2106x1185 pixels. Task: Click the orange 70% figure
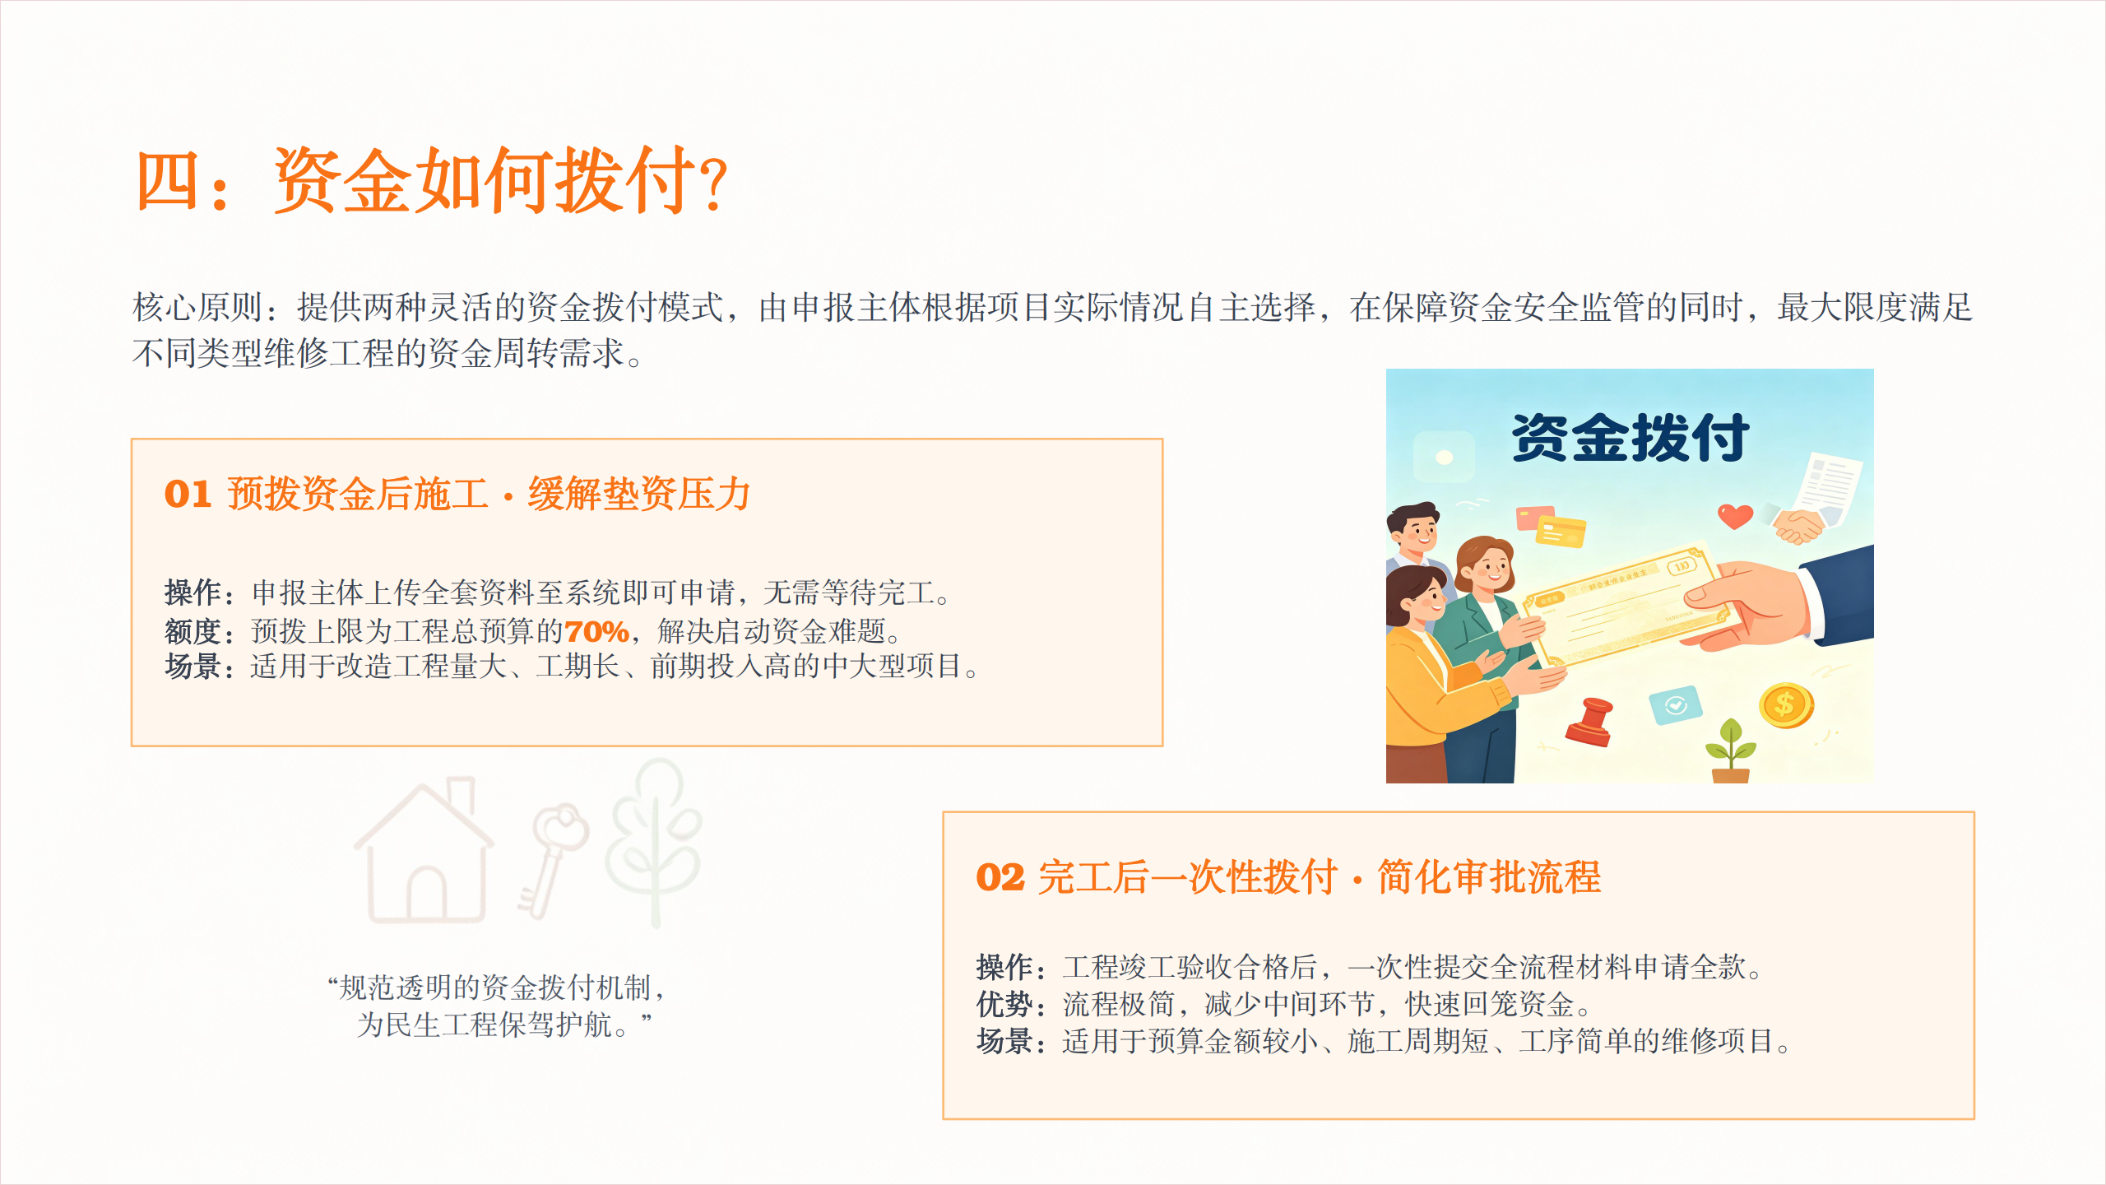point(596,631)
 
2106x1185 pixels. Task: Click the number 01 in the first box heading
point(188,495)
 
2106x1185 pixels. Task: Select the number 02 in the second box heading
point(1000,877)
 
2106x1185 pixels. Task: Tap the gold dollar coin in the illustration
point(1786,705)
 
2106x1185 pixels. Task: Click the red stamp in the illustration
point(1590,722)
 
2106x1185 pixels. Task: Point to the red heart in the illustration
point(1735,516)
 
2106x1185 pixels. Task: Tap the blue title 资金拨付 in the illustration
point(1630,438)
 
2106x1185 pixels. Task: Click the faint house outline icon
point(424,850)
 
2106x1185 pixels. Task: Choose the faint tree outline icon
point(654,841)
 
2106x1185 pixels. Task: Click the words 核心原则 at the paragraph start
point(197,307)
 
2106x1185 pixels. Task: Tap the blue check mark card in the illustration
point(1675,705)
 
